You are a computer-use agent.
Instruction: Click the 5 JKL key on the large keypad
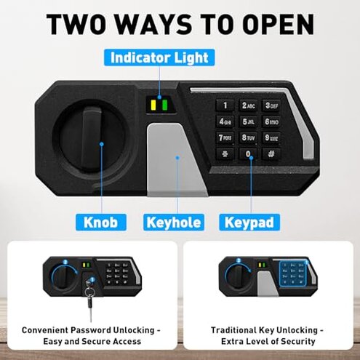248,121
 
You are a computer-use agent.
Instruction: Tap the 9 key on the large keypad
271,137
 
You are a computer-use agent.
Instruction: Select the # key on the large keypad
271,153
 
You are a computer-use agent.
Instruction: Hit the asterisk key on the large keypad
225,153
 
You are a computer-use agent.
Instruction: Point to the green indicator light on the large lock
165,105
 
